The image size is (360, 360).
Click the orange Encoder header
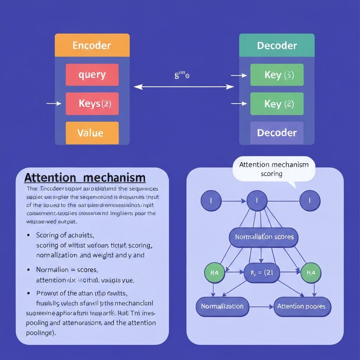pyautogui.click(x=92, y=45)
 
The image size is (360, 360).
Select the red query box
pyautogui.click(x=92, y=75)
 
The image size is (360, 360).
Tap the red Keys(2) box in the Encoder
pyautogui.click(x=92, y=104)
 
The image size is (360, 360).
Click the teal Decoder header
pyautogui.click(x=277, y=45)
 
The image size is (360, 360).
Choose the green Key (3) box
pyautogui.click(x=277, y=75)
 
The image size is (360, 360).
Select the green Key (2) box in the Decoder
pyautogui.click(x=277, y=104)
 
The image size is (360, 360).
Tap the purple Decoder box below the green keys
pyautogui.click(x=277, y=133)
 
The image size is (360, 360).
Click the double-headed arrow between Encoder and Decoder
pyautogui.click(x=184, y=87)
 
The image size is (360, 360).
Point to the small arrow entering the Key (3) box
pyautogui.click(x=239, y=75)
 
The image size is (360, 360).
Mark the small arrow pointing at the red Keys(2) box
pyautogui.click(x=54, y=104)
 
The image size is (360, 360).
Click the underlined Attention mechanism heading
pyautogui.click(x=85, y=178)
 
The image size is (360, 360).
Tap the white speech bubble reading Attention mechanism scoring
pyautogui.click(x=274, y=169)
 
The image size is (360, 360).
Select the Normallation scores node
pyautogui.click(x=264, y=237)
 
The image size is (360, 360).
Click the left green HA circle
pyautogui.click(x=214, y=272)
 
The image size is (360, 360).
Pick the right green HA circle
pyautogui.click(x=311, y=272)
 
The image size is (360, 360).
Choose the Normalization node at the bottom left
pyautogui.click(x=222, y=306)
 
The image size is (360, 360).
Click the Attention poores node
pyautogui.click(x=301, y=306)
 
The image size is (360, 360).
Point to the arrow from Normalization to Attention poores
pyautogui.click(x=261, y=307)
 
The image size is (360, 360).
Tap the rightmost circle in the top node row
pyautogui.click(x=310, y=201)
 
